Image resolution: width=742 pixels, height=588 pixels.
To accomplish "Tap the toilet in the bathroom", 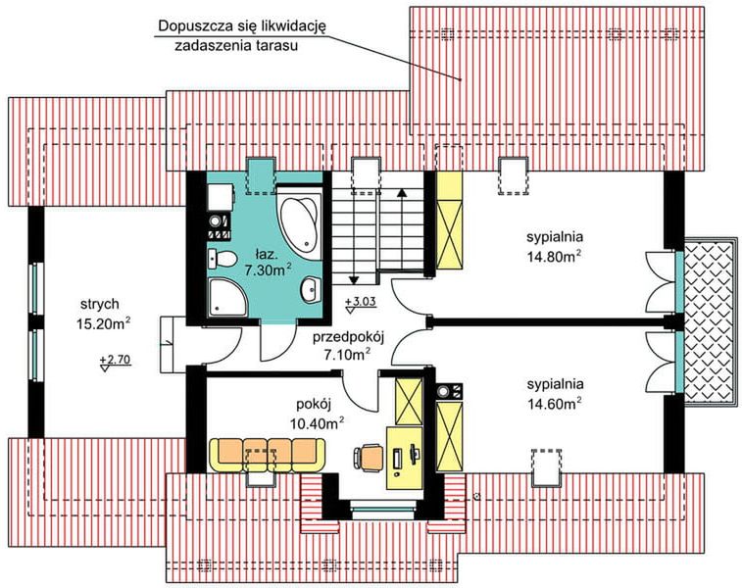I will [x=223, y=258].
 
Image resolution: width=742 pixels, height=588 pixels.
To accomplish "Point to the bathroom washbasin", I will [x=310, y=288].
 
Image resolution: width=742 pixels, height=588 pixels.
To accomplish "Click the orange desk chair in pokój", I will [x=370, y=454].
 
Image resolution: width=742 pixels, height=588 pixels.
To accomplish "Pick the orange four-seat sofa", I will [x=267, y=454].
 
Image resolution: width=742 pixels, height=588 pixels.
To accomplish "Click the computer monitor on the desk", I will [x=399, y=458].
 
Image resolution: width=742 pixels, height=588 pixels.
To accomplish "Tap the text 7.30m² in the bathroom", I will [x=268, y=269].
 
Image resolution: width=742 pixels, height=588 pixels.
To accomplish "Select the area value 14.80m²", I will [x=555, y=257].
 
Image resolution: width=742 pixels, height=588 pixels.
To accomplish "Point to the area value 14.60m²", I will [x=555, y=402].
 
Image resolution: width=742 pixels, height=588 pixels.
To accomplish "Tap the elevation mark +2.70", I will [x=115, y=360].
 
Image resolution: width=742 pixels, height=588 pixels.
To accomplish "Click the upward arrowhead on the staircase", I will [x=400, y=193].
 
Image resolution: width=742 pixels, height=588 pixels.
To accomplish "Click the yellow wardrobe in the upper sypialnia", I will [x=448, y=220].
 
